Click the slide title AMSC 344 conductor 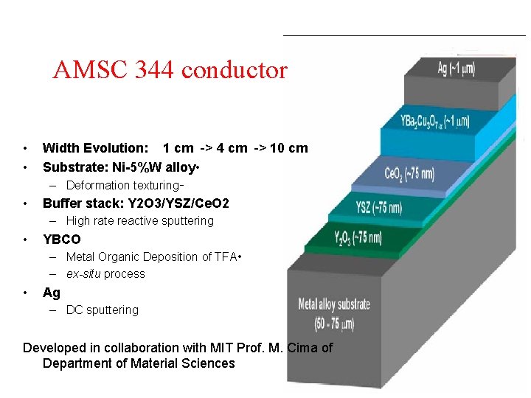[170, 71]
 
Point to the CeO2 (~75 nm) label [409, 174]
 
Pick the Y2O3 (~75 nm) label [358, 237]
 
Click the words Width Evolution [94, 148]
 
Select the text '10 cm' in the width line [289, 148]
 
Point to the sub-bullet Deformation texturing [122, 186]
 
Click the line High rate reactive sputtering [139, 221]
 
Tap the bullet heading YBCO [62, 240]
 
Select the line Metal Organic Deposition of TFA [151, 257]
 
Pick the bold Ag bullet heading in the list [52, 293]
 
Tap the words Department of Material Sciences [139, 363]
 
